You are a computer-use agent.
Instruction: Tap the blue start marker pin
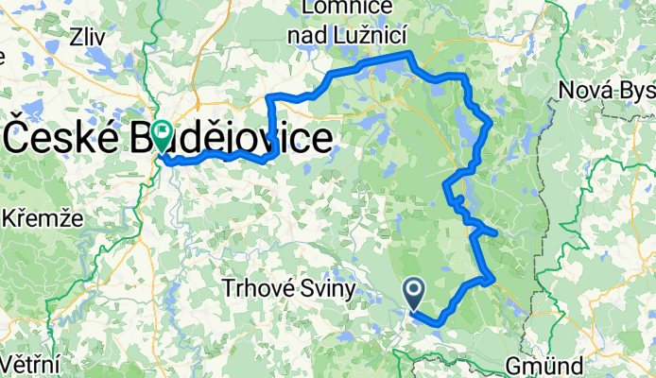[x=414, y=292]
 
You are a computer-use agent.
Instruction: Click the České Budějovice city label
[x=170, y=140]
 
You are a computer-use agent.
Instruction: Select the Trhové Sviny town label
[x=289, y=285]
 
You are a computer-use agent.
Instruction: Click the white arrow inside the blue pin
[x=414, y=287]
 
